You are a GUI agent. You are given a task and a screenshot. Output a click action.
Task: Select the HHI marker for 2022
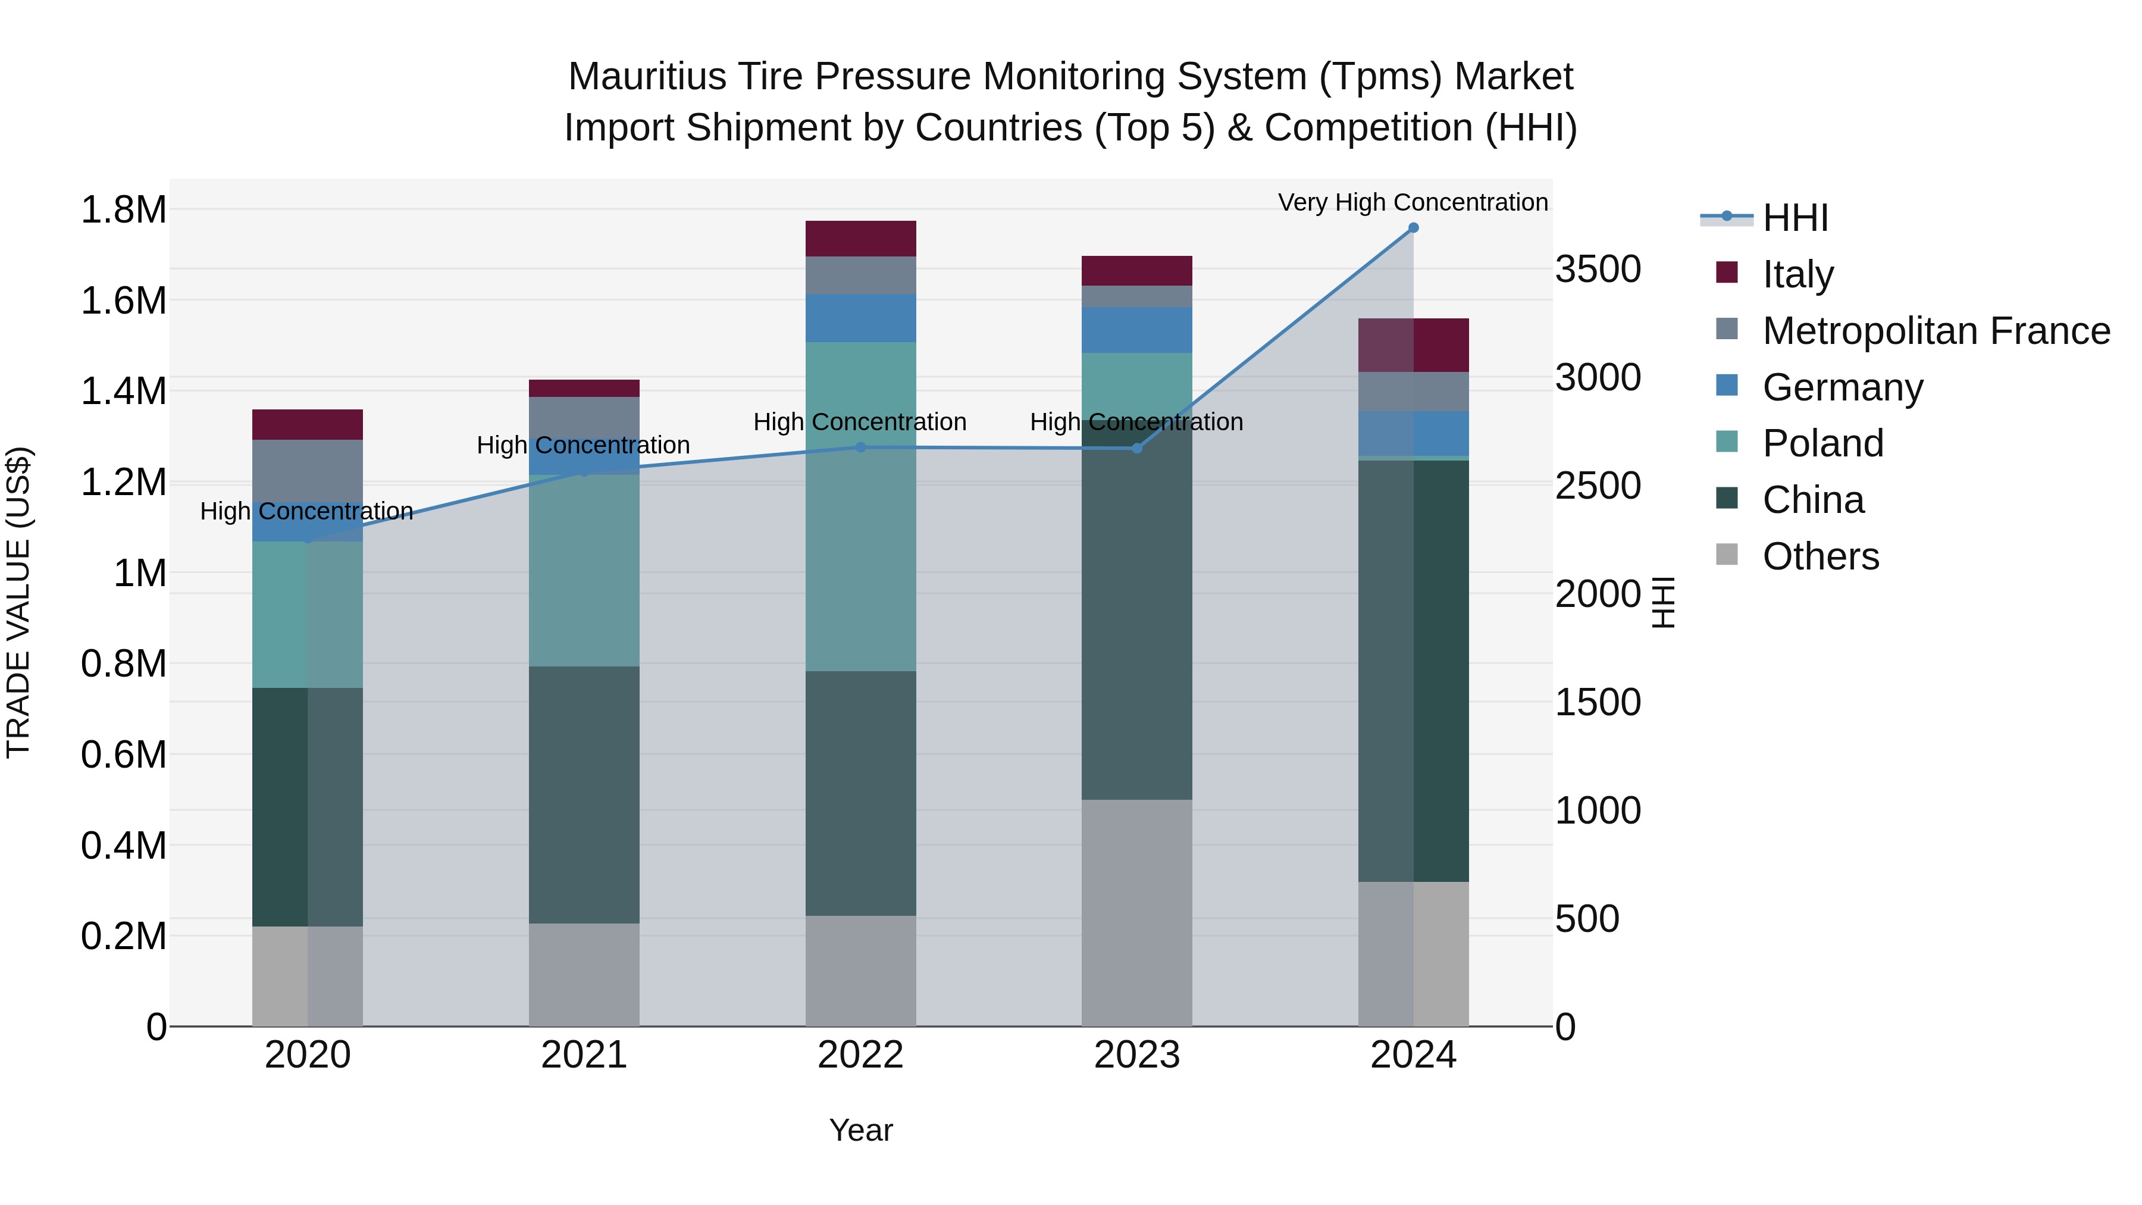tap(860, 447)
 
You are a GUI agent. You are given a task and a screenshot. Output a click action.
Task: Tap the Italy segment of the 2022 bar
tap(860, 239)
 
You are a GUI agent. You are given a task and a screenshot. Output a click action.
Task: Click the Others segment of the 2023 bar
tap(1136, 912)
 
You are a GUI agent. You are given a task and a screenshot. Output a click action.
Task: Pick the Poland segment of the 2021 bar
tap(584, 571)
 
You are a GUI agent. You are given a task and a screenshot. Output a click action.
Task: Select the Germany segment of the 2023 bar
tap(1136, 330)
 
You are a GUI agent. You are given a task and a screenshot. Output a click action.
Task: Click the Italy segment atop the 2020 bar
tap(308, 424)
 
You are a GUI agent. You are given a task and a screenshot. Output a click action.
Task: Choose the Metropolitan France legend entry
tap(1936, 331)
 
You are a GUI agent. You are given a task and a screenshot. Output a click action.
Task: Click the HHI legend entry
tap(1795, 218)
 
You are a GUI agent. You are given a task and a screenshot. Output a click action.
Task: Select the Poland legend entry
tap(1822, 443)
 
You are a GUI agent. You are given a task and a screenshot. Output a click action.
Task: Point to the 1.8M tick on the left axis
tap(123, 209)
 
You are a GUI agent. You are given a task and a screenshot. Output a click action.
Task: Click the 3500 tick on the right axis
tap(1598, 270)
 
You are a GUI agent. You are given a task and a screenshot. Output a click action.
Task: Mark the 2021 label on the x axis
tap(584, 1055)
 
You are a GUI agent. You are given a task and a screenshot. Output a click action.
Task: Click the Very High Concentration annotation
tap(1413, 202)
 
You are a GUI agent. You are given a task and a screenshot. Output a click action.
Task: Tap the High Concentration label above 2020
tap(307, 511)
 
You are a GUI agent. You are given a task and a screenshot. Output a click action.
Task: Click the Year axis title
tap(860, 1130)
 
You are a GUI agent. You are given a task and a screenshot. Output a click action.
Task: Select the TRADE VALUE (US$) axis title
tap(18, 602)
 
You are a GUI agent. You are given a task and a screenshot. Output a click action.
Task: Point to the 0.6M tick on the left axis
tap(123, 755)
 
